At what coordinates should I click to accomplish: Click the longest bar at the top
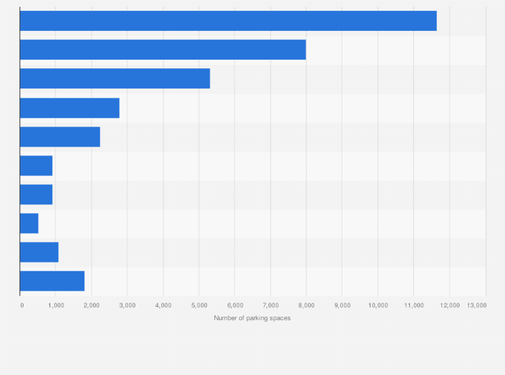pyautogui.click(x=228, y=21)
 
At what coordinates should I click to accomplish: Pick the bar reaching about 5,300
pyautogui.click(x=115, y=78)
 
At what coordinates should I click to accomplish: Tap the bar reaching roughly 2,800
pyautogui.click(x=70, y=108)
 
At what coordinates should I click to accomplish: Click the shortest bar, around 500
pyautogui.click(x=29, y=223)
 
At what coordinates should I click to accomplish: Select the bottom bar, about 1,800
pyautogui.click(x=52, y=281)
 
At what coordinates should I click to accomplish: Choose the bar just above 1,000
pyautogui.click(x=39, y=252)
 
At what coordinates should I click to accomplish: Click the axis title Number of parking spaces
pyautogui.click(x=252, y=317)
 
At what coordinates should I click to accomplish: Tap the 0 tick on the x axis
pyautogui.click(x=22, y=305)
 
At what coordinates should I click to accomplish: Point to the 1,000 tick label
pyautogui.click(x=56, y=305)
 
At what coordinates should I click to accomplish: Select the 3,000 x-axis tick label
pyautogui.click(x=127, y=305)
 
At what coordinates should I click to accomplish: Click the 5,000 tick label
pyautogui.click(x=199, y=305)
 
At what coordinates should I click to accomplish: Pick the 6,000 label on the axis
pyautogui.click(x=234, y=305)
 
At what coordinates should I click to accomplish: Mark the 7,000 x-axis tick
pyautogui.click(x=271, y=305)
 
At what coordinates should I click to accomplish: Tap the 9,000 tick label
pyautogui.click(x=342, y=305)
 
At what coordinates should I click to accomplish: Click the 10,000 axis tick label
pyautogui.click(x=378, y=305)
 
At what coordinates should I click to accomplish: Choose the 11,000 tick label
pyautogui.click(x=414, y=305)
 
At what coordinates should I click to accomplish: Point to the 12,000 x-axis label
pyautogui.click(x=449, y=305)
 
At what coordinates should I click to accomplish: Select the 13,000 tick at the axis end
pyautogui.click(x=477, y=305)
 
